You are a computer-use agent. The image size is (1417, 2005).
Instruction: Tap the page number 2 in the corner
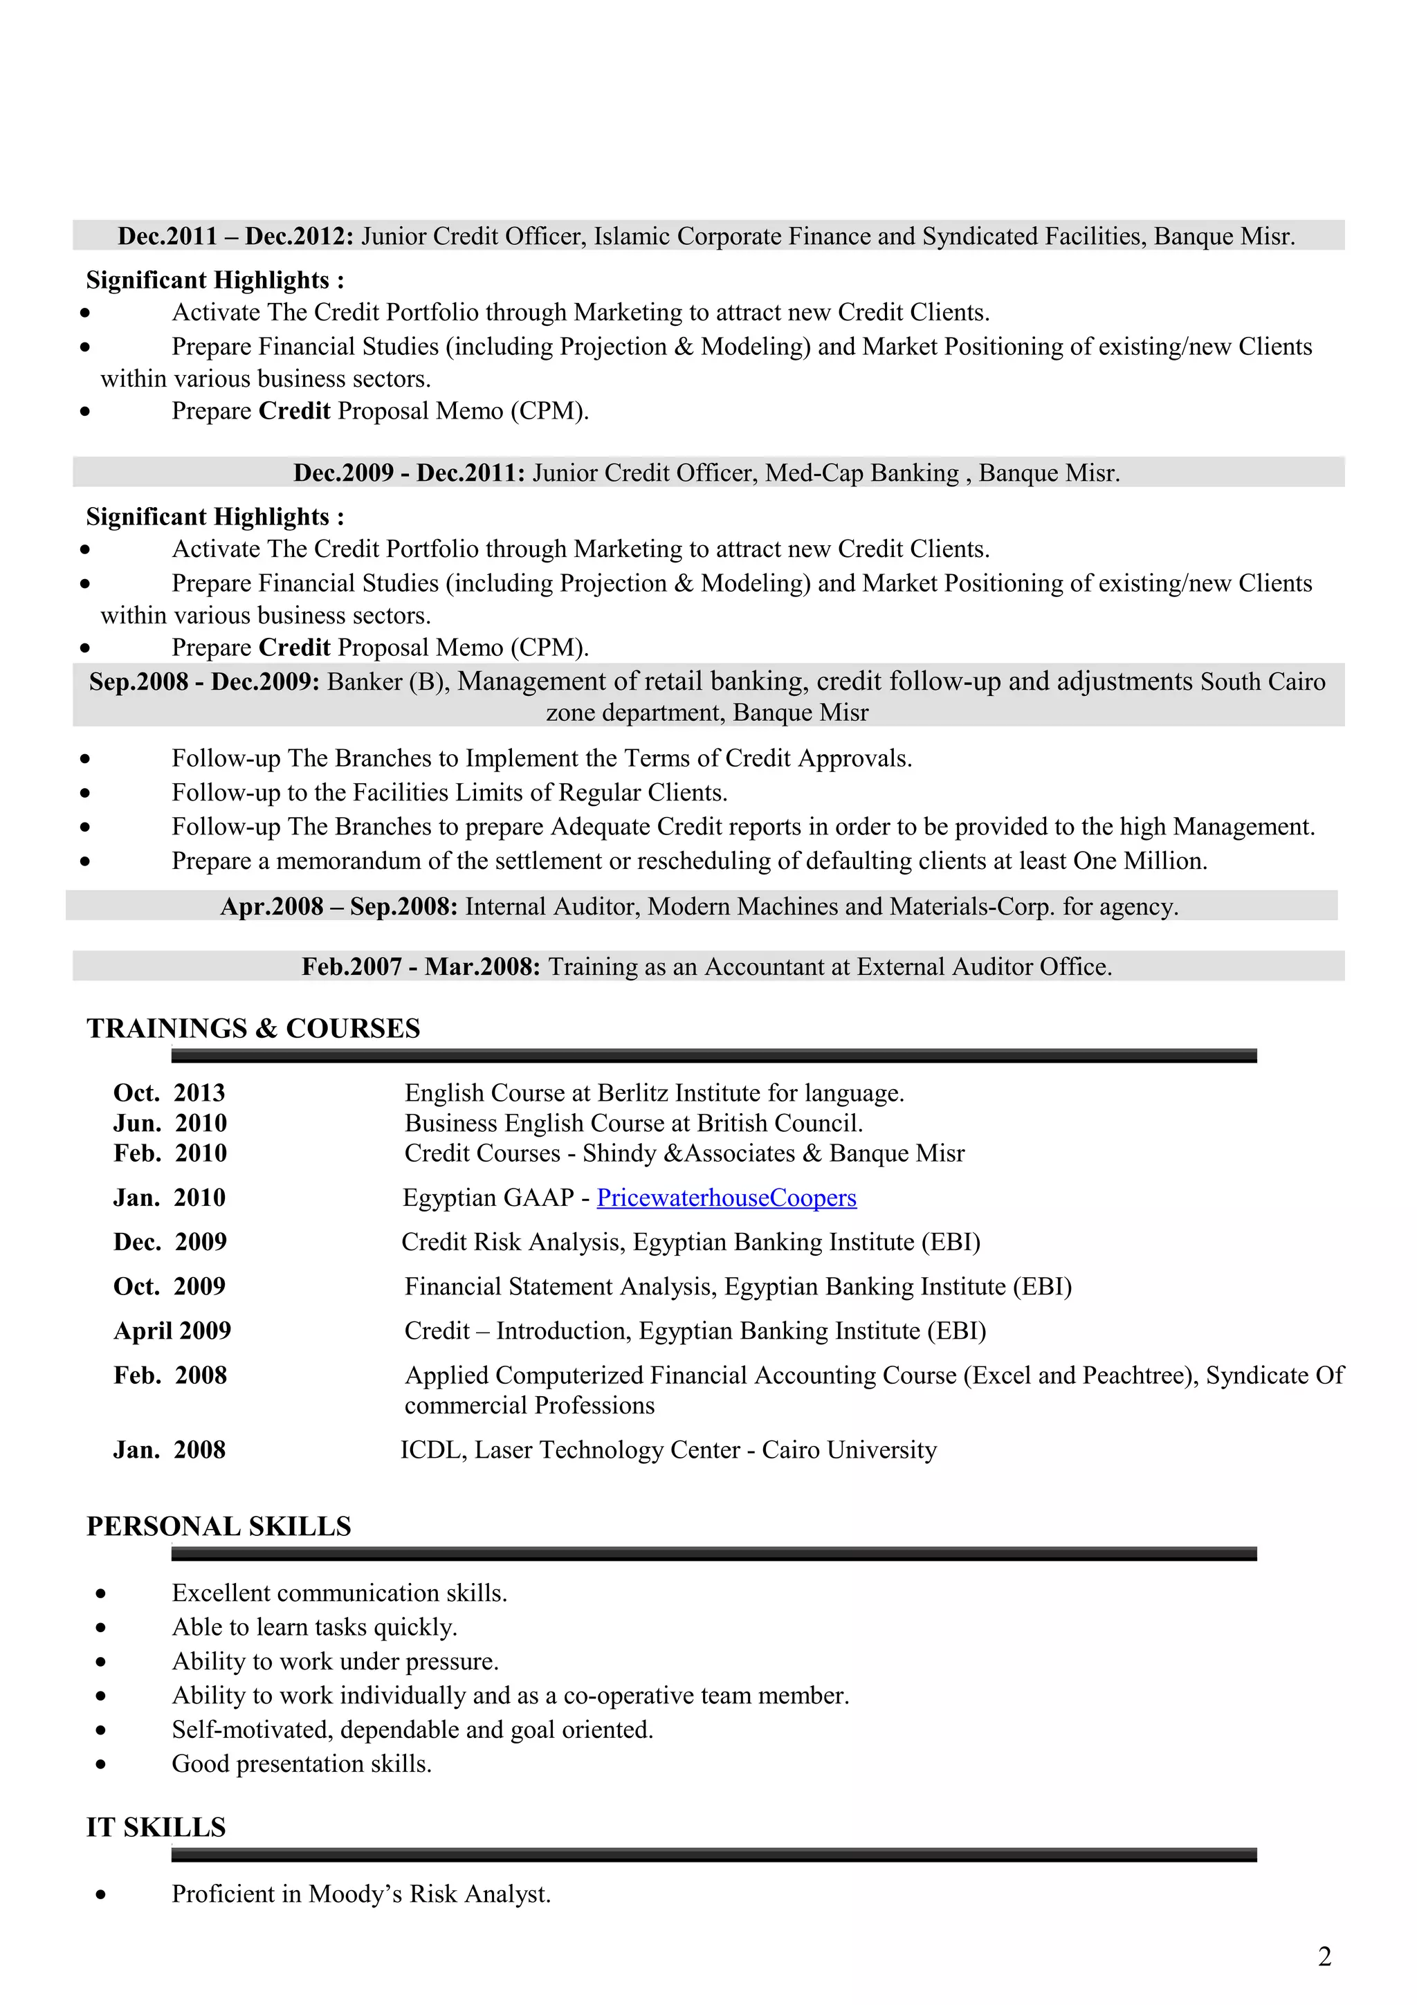point(1324,1957)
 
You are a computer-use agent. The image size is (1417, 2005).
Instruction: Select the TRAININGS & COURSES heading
point(253,1029)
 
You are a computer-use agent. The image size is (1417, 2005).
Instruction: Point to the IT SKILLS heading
point(156,1828)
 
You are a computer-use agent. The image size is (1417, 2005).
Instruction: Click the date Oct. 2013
point(170,1093)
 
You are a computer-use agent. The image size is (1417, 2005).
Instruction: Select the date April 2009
point(172,1331)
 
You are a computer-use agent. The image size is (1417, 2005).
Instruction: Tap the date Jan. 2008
point(170,1451)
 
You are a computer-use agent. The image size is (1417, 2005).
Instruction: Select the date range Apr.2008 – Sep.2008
point(339,906)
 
